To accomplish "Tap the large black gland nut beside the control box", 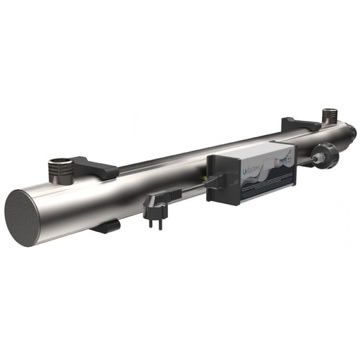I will tap(324, 155).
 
